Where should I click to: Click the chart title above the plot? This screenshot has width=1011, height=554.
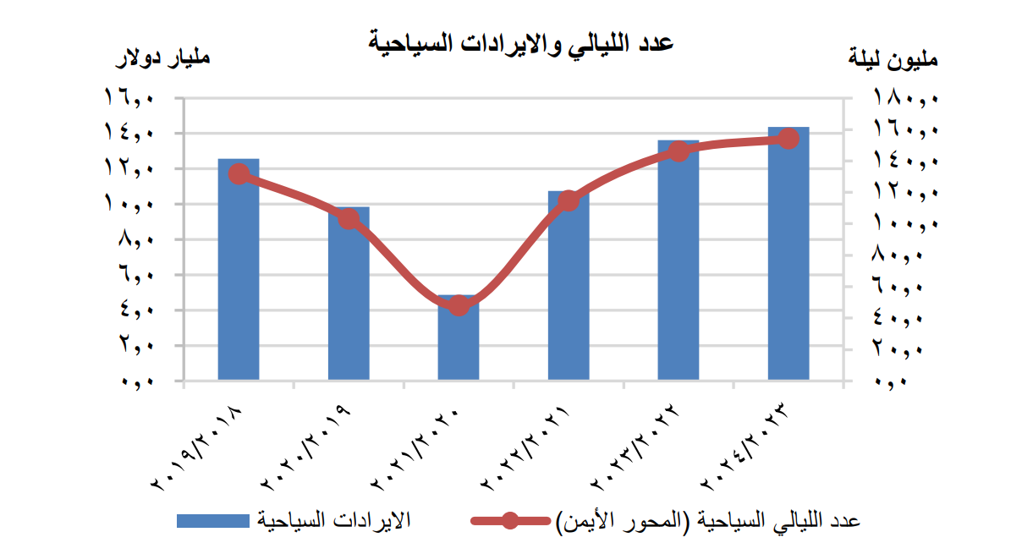[519, 43]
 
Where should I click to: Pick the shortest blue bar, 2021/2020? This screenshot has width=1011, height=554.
[459, 343]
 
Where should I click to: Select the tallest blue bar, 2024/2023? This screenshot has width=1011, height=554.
[788, 254]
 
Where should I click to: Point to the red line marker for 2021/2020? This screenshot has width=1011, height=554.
[459, 305]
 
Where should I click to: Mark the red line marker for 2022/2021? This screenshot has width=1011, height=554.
[569, 200]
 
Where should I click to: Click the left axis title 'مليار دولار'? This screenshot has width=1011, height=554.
[162, 60]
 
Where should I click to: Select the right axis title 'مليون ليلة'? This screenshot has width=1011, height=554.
[893, 60]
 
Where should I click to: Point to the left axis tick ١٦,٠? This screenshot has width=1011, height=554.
[129, 98]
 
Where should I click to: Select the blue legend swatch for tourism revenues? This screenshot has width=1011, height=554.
[212, 520]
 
